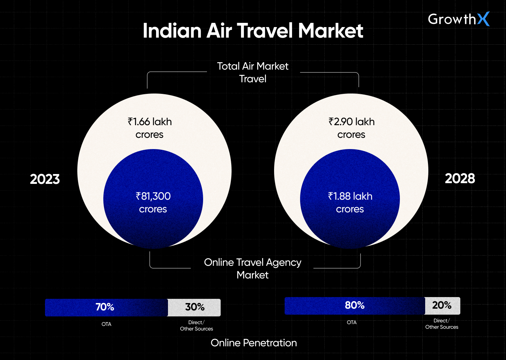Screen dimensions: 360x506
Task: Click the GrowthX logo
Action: [x=458, y=19]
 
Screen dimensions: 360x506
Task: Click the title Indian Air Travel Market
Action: [x=253, y=31]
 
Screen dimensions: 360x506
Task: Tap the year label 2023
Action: [x=45, y=179]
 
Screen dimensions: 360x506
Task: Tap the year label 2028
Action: [x=460, y=179]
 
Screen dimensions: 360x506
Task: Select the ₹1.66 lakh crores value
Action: [x=150, y=128]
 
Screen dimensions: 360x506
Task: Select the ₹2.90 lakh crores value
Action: [x=351, y=128]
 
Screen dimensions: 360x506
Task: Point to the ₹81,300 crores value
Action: [x=153, y=202]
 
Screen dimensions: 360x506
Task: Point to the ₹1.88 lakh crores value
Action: [x=350, y=202]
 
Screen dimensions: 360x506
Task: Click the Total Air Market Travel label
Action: [x=253, y=72]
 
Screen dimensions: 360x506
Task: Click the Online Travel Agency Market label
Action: [x=253, y=269]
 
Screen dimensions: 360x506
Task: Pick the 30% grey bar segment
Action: [x=195, y=307]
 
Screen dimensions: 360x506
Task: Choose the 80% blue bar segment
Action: [x=354, y=306]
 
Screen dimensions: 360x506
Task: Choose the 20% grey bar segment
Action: [x=442, y=306]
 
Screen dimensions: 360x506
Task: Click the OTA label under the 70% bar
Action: [x=106, y=324]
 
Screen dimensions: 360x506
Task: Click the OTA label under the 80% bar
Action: [x=352, y=322]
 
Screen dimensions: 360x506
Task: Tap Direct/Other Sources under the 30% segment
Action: [x=196, y=326]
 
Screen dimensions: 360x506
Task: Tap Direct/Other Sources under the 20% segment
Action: [x=442, y=324]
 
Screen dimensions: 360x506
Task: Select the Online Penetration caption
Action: [x=254, y=343]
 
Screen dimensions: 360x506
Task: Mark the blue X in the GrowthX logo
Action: [x=483, y=19]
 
